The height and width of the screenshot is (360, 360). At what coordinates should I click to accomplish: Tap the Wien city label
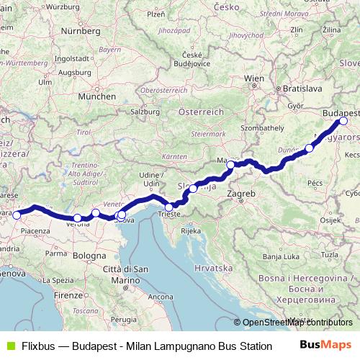click(255, 78)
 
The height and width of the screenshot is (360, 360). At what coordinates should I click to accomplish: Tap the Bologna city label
click(89, 255)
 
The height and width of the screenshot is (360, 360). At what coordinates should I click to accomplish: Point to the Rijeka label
click(190, 231)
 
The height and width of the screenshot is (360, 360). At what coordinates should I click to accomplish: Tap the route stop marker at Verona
click(78, 218)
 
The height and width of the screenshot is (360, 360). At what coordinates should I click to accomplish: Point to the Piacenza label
click(35, 231)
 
